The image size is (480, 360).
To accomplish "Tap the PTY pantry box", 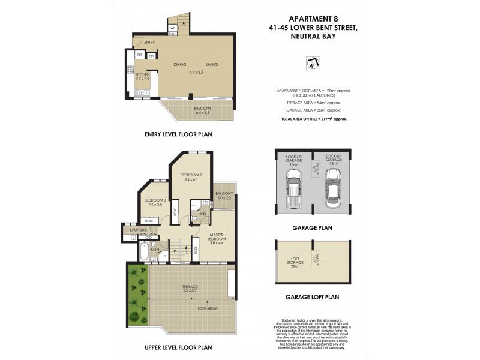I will pos(152,55).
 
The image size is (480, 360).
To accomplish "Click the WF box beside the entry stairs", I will pos(172,28).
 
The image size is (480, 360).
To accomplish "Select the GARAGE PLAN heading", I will pos(312,229).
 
